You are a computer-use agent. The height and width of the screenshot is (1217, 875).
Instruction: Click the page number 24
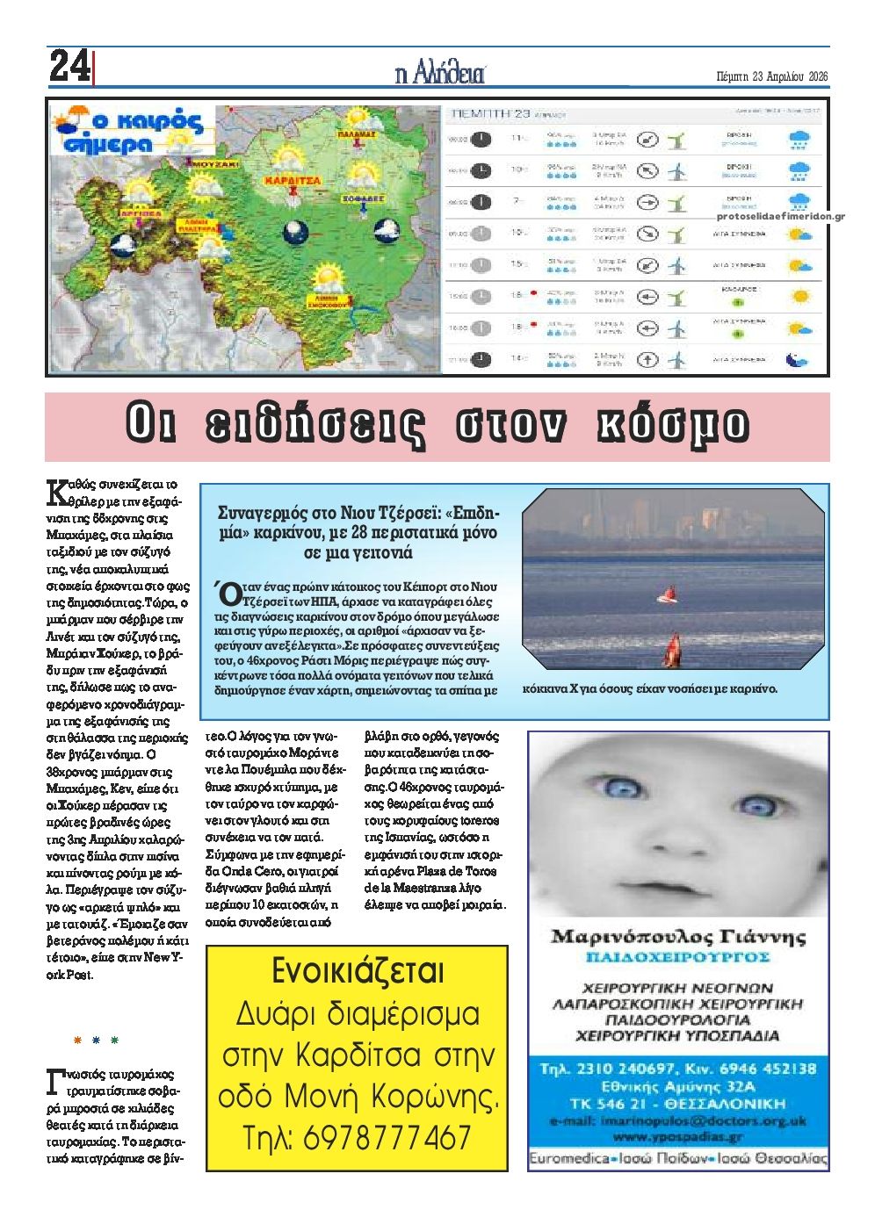pos(69,66)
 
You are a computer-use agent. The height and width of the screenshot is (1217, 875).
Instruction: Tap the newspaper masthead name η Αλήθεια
pos(439,75)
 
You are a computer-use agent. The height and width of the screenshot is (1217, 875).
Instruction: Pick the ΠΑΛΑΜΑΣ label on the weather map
pos(357,134)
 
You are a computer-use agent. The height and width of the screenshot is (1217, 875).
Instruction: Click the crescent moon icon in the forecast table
pos(797,359)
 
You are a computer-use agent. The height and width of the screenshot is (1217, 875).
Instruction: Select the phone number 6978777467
pos(387,1138)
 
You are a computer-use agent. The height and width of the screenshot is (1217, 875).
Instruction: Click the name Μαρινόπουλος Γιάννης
pos(677,936)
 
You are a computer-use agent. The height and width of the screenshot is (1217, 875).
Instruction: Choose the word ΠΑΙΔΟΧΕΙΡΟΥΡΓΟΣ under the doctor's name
pos(677,956)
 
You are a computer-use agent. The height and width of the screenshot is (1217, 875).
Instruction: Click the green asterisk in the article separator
pos(114,1041)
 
